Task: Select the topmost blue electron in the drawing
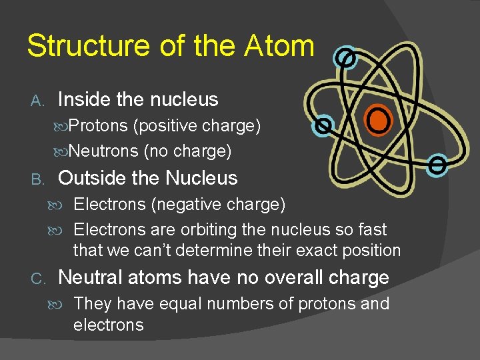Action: [x=345, y=59]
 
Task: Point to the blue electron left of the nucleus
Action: [x=323, y=125]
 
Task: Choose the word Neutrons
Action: [x=104, y=152]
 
